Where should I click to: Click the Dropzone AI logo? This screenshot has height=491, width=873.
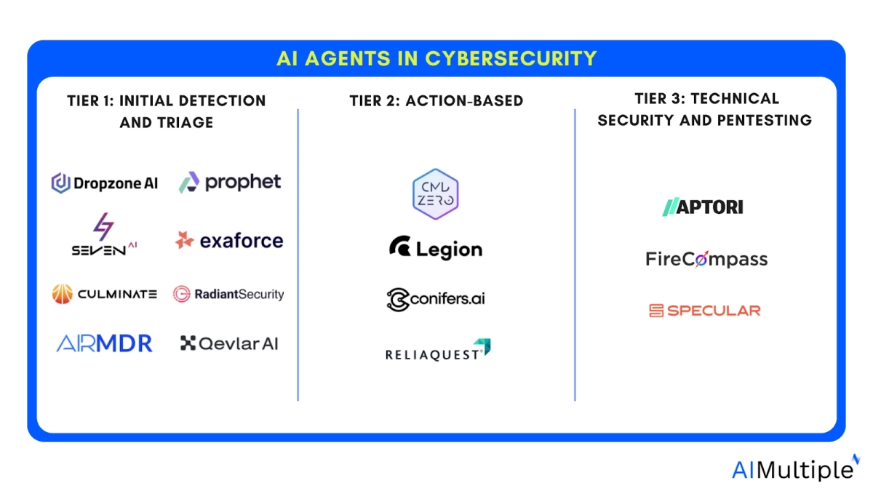104,183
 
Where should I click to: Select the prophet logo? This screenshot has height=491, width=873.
230,182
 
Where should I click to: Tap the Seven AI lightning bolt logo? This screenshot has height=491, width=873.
104,234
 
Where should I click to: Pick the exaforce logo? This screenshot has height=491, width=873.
229,240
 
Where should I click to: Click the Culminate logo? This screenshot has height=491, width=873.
104,294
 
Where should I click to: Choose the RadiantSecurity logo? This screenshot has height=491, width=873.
228,294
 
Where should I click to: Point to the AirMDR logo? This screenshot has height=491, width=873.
104,343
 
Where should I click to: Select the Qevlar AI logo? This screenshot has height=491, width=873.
229,343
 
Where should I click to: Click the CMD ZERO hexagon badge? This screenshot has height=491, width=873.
436,194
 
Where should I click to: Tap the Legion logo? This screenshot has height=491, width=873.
436,249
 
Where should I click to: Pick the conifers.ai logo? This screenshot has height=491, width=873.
436,299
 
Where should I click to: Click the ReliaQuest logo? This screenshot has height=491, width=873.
437,351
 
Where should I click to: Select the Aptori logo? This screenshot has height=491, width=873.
702,207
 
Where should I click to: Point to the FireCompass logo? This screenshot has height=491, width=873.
706,259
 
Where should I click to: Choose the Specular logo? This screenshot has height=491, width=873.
704,311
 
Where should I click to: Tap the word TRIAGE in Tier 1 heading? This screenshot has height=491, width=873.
167,122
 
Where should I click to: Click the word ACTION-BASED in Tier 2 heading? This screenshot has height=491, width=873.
476,100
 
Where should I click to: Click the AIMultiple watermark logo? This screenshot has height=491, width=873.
795,469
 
